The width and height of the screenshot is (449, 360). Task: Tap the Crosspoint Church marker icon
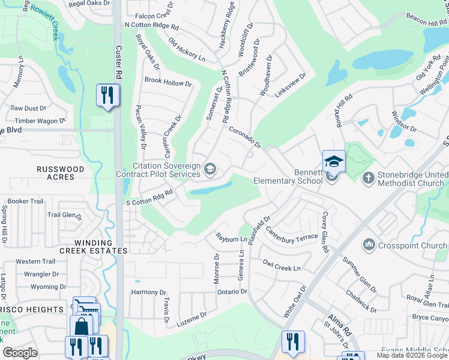tap(369, 245)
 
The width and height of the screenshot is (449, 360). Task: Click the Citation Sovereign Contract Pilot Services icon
tap(209, 169)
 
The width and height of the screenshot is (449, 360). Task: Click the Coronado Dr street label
tap(244, 136)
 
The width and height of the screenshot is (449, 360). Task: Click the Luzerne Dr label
tap(191, 320)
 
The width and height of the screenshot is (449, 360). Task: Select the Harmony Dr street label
tap(148, 292)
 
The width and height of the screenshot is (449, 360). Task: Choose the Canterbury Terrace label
tap(292, 232)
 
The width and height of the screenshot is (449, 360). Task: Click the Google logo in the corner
tap(20, 352)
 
